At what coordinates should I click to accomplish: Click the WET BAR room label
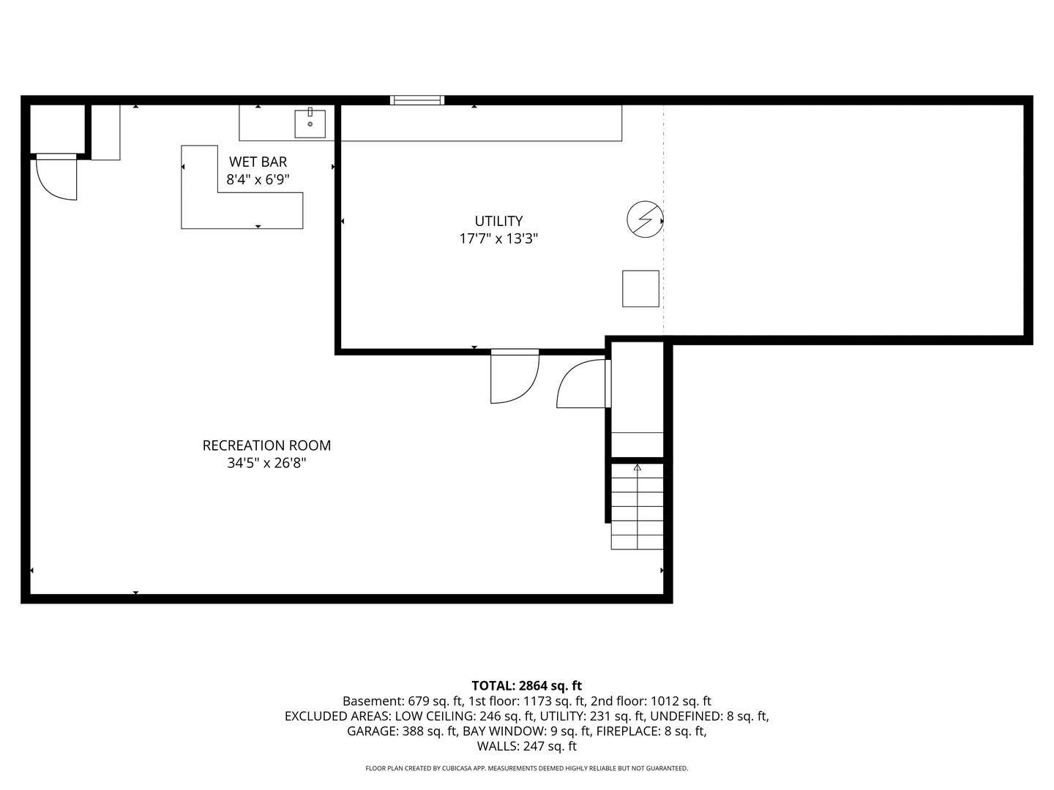pyautogui.click(x=258, y=162)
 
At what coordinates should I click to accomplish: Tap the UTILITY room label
pyautogui.click(x=498, y=221)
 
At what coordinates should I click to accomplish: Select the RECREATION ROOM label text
pyautogui.click(x=266, y=445)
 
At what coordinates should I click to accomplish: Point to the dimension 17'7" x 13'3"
pyautogui.click(x=498, y=239)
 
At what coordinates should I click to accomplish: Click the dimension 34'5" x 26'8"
pyautogui.click(x=266, y=463)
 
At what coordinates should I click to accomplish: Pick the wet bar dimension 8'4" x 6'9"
pyautogui.click(x=258, y=180)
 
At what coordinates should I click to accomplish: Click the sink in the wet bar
pyautogui.click(x=310, y=124)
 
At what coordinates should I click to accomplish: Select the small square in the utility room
pyautogui.click(x=640, y=289)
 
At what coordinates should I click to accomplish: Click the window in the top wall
pyautogui.click(x=416, y=100)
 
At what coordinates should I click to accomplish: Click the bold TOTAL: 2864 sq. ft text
pyautogui.click(x=527, y=685)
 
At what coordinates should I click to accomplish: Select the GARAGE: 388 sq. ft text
pyautogui.click(x=403, y=731)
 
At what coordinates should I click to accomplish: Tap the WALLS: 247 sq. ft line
pyautogui.click(x=527, y=746)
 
